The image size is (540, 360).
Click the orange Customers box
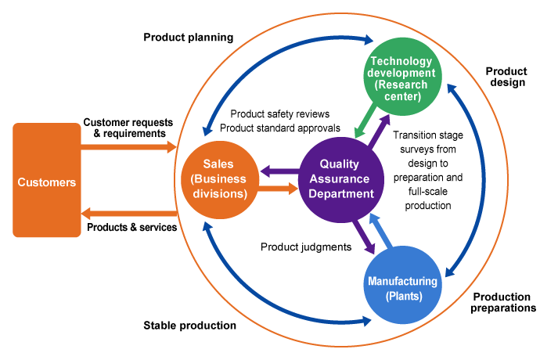click(47, 181)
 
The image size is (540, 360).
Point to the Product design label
click(506, 77)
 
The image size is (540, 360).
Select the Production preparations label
click(504, 302)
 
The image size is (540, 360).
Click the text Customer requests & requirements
click(124, 128)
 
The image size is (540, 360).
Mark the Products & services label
click(130, 228)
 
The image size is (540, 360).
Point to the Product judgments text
click(305, 247)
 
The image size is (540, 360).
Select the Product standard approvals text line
click(280, 128)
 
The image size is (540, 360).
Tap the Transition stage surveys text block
click(428, 171)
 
